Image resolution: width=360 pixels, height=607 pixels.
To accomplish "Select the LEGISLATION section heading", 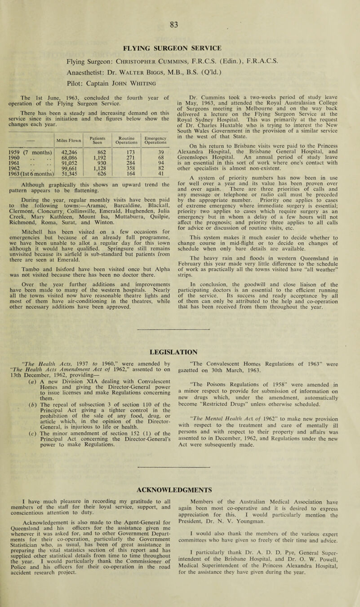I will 180,336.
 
